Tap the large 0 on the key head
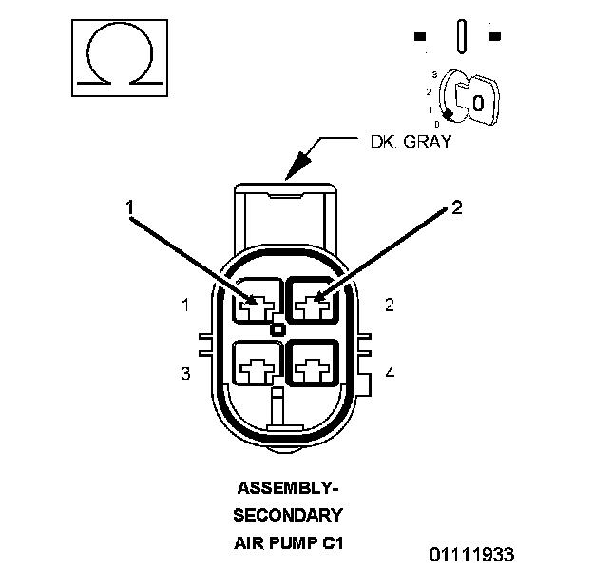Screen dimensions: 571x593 coord(478,100)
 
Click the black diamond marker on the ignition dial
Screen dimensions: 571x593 coord(446,114)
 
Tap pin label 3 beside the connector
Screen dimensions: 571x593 coord(186,374)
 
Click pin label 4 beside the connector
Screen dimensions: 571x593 coord(390,374)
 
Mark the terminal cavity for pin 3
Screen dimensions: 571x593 coord(258,366)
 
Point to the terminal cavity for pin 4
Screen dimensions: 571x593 coord(314,366)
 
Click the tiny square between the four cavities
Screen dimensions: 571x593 coord(277,330)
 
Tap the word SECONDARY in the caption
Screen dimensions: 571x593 coord(287,516)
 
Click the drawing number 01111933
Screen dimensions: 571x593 coord(470,554)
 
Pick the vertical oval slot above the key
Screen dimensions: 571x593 coord(461,37)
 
